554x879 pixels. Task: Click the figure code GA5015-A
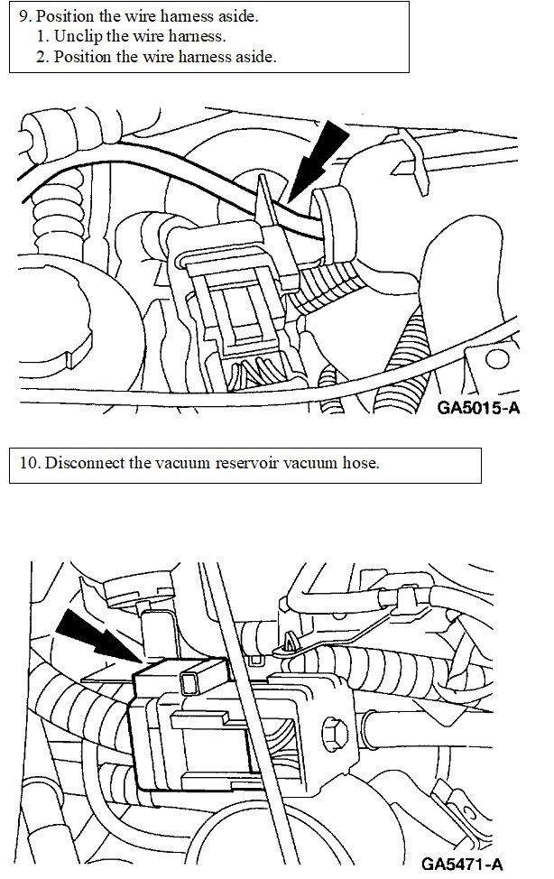tap(477, 406)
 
